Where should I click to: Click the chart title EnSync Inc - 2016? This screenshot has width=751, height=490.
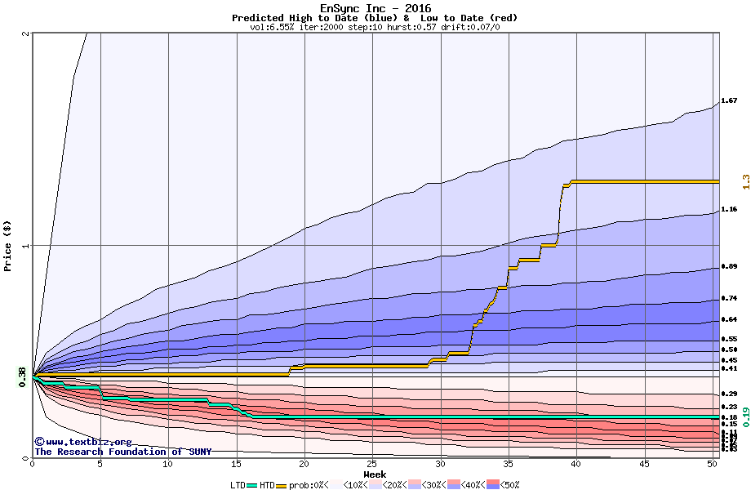(x=375, y=8)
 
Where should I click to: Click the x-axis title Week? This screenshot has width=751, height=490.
(x=375, y=474)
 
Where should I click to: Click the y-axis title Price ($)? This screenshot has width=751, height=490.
(x=8, y=246)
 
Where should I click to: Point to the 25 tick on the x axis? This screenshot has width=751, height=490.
(x=372, y=464)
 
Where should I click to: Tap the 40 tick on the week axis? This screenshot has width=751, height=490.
(x=576, y=464)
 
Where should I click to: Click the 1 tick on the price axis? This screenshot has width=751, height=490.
(x=26, y=246)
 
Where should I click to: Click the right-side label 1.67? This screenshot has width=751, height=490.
(x=729, y=101)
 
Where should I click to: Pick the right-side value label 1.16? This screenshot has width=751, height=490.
(x=729, y=210)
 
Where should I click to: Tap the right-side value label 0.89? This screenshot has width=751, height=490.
(x=729, y=267)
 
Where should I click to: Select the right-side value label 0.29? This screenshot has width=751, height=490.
(x=729, y=394)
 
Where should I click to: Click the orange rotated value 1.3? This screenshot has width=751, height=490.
(x=744, y=181)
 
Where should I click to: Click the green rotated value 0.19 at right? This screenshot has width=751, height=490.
(x=744, y=416)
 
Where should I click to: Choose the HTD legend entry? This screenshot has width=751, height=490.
(x=268, y=485)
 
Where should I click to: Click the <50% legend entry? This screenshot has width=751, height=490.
(x=508, y=485)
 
